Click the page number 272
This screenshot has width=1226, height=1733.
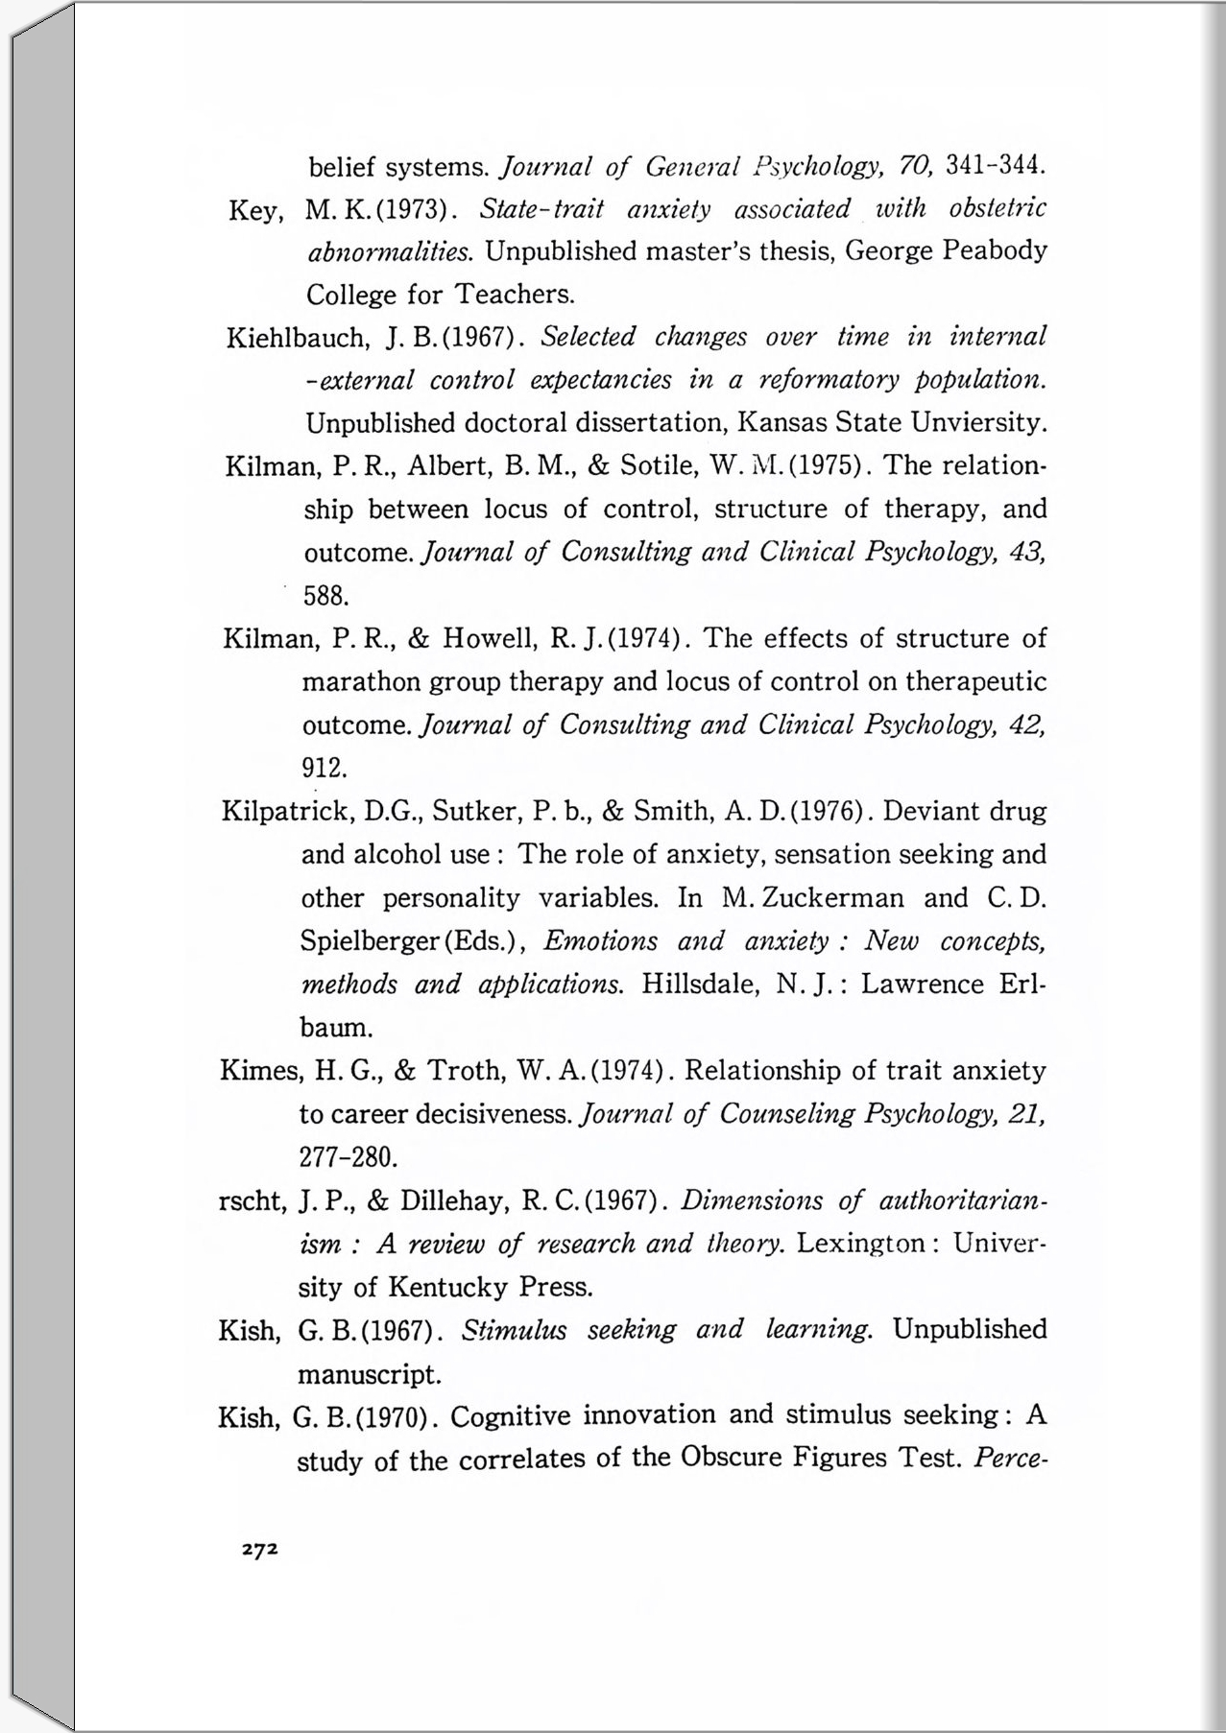[x=259, y=1549]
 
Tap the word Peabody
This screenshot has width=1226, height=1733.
[x=995, y=251]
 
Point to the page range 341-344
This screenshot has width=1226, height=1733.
[x=994, y=166]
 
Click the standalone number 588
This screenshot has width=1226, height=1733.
[x=325, y=596]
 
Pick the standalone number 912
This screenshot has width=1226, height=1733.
[x=324, y=769]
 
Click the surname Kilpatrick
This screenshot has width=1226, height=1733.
[x=284, y=812]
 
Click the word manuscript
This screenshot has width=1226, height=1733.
[x=369, y=1374]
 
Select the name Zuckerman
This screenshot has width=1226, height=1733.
[x=813, y=898]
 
